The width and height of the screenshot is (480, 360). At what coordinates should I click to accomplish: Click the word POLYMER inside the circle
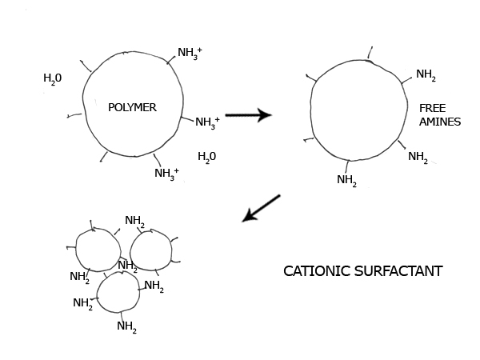132,107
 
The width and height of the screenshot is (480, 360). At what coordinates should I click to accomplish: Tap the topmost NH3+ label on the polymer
190,54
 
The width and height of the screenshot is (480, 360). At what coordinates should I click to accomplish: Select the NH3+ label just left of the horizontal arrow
207,122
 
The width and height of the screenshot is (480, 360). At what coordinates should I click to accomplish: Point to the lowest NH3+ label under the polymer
166,173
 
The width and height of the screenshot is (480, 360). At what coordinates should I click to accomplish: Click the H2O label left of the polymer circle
53,78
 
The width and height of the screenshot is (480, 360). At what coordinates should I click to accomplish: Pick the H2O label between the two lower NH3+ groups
207,156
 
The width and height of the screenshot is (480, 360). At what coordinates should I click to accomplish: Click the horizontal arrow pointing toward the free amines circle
248,115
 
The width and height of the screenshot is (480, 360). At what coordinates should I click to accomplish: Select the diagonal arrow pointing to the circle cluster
262,207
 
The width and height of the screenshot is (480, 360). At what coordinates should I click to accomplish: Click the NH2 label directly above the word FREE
426,75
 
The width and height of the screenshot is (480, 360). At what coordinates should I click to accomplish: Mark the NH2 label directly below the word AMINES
418,157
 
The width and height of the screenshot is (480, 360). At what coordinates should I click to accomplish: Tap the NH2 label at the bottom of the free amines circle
346,180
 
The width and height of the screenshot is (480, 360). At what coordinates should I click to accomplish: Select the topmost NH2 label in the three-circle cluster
135,221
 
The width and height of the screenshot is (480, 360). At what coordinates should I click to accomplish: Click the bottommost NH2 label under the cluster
126,326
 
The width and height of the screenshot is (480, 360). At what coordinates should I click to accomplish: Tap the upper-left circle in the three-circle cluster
96,249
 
